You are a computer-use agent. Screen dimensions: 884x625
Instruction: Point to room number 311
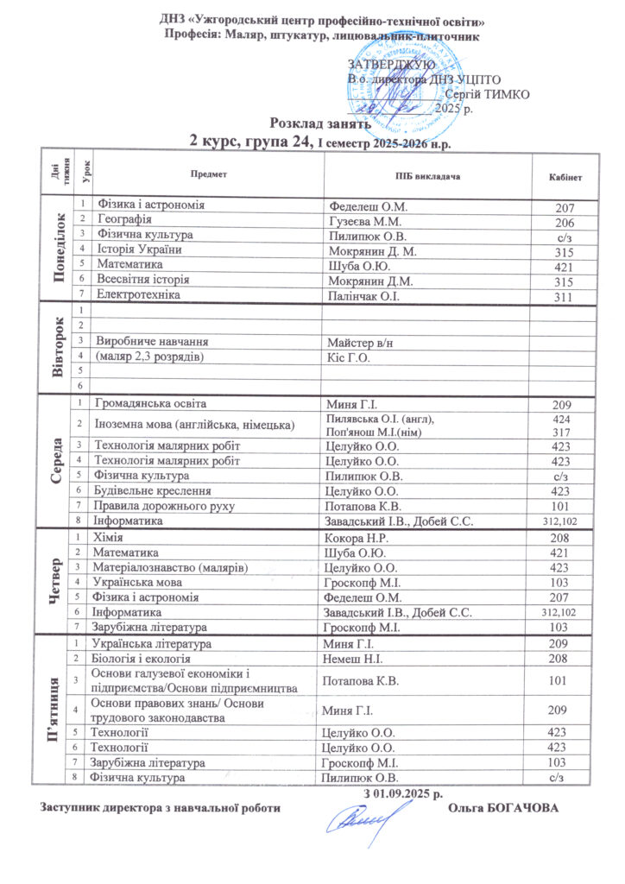[565, 296]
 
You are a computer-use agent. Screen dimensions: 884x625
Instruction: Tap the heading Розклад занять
[312, 123]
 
